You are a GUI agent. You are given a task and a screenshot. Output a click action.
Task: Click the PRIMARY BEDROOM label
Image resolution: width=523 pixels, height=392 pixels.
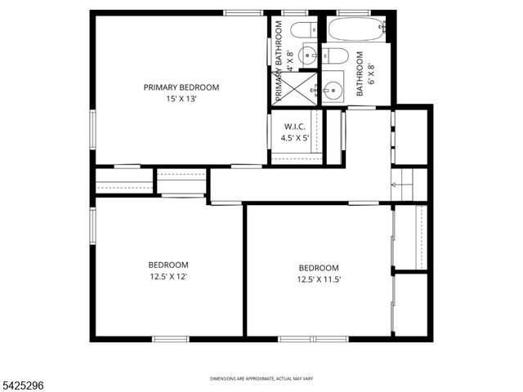point(181,87)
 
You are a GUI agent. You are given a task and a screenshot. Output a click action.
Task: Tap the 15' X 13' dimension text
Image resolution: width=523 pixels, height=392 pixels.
point(181,99)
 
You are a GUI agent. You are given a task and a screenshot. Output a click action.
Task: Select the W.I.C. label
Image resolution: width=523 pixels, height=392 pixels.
point(295,127)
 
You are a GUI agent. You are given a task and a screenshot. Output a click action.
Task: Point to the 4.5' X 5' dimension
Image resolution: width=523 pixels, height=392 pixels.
point(295,138)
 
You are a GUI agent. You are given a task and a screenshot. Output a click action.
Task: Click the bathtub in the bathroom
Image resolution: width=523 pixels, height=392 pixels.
point(356,29)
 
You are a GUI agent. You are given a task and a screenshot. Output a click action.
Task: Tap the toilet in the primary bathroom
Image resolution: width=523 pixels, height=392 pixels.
point(302,31)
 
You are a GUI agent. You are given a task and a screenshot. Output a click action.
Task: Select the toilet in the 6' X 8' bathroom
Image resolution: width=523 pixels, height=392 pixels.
point(335,56)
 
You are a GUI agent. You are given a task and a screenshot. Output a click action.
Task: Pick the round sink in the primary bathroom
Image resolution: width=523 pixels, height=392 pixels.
point(307,56)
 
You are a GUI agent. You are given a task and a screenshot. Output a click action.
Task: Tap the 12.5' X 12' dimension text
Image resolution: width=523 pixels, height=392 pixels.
point(168,276)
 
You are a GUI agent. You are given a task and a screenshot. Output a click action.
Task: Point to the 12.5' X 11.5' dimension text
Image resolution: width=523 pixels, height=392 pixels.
point(319,279)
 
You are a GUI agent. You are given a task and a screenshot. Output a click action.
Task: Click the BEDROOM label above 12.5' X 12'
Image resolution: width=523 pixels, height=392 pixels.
point(168,265)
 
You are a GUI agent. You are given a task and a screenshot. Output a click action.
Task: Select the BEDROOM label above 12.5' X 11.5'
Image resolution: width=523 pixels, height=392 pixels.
point(319,268)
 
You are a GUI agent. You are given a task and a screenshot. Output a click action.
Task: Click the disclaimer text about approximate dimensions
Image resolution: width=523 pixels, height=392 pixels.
point(261,379)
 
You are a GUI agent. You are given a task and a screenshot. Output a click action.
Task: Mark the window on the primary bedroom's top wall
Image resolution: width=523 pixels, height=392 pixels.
point(244,12)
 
